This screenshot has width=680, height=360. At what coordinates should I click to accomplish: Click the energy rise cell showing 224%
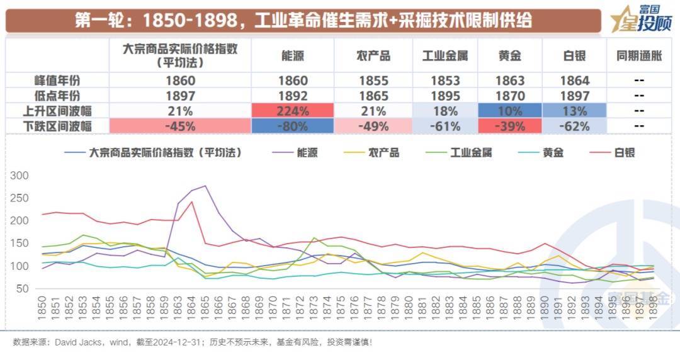tap(293, 111)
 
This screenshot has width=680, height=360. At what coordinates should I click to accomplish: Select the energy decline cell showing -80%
tap(293, 126)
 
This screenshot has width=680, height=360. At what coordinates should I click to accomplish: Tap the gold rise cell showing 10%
tap(510, 111)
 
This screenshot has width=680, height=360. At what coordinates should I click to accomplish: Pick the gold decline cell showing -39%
tap(510, 126)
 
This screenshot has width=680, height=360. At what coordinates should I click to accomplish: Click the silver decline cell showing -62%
tap(574, 126)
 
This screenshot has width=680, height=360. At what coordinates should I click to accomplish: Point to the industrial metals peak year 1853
tap(445, 81)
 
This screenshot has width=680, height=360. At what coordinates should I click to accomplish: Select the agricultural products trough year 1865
tap(373, 96)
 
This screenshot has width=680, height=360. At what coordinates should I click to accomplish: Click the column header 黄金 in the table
tap(510, 56)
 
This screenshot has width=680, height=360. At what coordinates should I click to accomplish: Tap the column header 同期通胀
tap(639, 56)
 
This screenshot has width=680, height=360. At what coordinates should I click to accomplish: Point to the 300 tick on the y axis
tap(20, 176)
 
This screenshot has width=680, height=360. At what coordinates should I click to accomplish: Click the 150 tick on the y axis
tap(20, 244)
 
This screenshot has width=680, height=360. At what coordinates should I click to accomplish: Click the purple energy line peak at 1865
tap(205, 186)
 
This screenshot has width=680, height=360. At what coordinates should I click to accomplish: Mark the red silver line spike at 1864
tap(192, 202)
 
